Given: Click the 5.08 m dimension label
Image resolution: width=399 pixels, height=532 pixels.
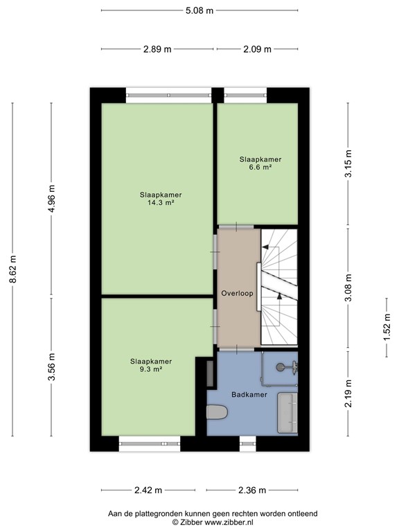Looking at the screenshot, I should pos(199,10).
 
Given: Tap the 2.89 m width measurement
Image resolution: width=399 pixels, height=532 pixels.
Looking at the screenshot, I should pos(157,49).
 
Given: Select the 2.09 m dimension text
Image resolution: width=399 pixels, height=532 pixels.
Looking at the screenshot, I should pos(257,49).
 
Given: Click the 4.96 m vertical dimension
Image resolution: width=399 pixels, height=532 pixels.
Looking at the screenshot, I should pos(51,199).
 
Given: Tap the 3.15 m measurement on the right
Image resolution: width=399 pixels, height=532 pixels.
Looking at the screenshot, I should pos(348,164).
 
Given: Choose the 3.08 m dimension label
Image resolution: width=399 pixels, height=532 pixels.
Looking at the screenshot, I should pos(348,287).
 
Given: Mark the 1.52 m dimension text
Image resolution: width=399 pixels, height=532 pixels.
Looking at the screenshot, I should pos(386,328).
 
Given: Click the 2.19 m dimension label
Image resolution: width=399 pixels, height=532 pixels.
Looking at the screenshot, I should pos(348,394).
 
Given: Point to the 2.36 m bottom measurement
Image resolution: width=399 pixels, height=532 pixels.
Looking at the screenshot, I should pos(251,490).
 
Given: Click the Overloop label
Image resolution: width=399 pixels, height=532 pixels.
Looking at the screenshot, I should pos(237,293).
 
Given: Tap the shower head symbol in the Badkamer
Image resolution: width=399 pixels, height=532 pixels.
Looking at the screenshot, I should pos(281,368).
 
